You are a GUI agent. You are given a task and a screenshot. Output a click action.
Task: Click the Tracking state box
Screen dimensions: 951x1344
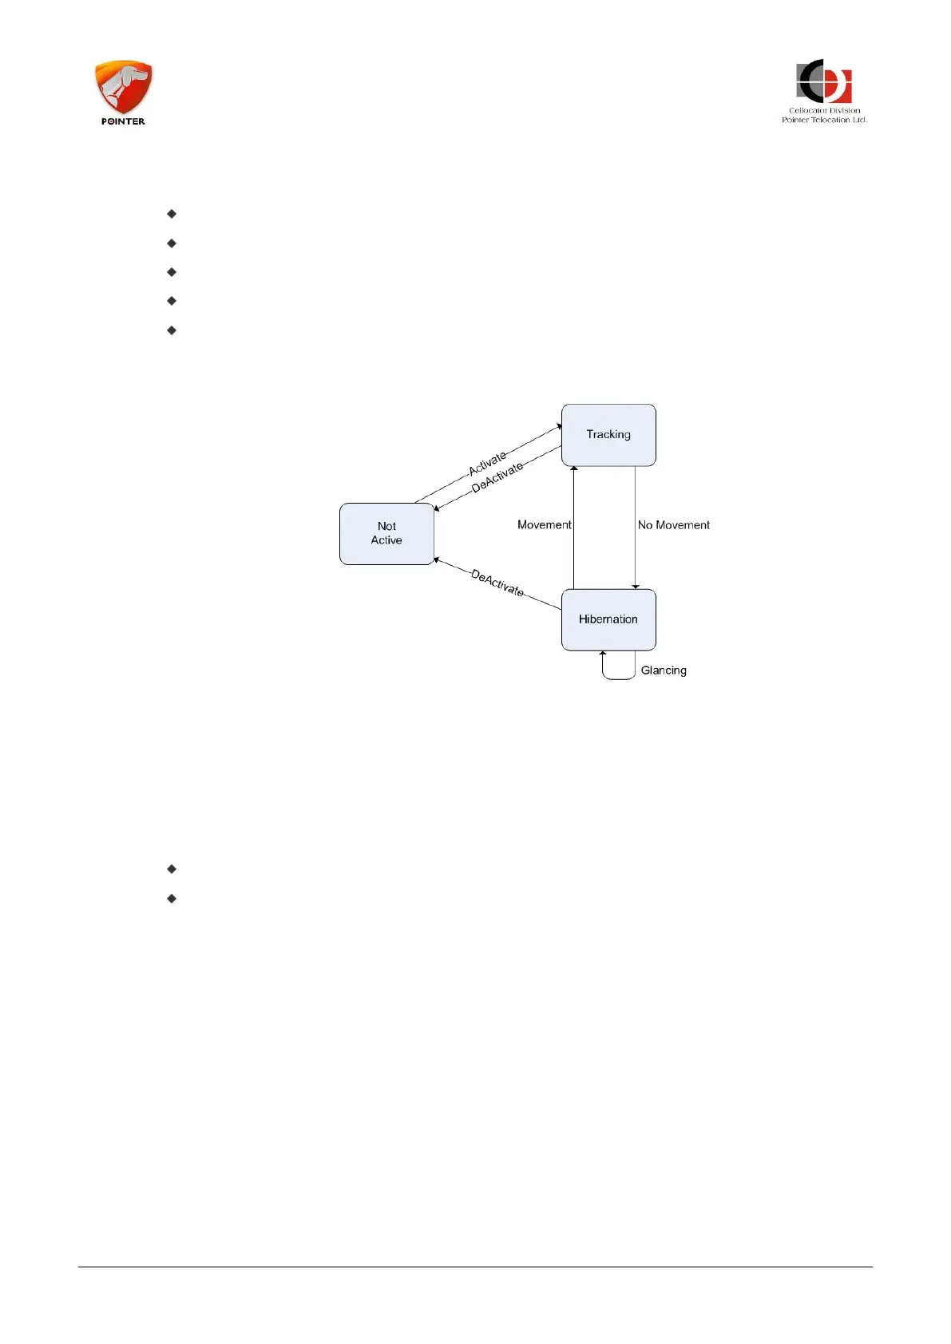click(608, 435)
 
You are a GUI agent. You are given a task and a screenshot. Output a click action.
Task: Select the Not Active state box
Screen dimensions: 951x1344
click(386, 533)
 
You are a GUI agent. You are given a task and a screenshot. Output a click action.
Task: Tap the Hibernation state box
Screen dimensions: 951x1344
click(608, 619)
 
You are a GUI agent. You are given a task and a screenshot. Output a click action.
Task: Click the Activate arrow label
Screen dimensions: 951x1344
click(487, 463)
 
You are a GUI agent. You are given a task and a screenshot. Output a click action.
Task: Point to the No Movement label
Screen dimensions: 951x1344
click(673, 525)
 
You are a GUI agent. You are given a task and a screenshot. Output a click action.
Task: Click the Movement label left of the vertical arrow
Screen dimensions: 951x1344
click(544, 525)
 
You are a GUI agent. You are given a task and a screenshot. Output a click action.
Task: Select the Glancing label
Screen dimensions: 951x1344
click(664, 670)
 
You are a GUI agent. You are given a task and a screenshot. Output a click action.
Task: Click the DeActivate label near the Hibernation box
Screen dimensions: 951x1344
click(497, 583)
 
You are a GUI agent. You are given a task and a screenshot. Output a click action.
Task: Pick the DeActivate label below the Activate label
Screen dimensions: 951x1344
click(497, 477)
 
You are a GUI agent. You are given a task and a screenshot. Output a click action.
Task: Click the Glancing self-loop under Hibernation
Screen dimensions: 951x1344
click(619, 677)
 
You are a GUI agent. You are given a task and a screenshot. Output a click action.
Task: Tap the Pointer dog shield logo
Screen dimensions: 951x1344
click(124, 86)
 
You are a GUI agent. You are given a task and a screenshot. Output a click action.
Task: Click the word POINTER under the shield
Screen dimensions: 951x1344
click(123, 122)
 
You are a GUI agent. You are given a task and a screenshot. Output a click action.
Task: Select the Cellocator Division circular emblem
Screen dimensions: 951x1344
click(824, 81)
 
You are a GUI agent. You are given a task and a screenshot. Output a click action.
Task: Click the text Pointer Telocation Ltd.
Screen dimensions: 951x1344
click(824, 121)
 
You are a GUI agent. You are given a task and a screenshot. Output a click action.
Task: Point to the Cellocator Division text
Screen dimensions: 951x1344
click(824, 111)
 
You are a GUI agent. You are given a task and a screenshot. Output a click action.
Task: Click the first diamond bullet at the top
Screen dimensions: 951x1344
click(172, 214)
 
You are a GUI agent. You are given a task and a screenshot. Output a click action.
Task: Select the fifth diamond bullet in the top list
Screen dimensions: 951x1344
click(172, 330)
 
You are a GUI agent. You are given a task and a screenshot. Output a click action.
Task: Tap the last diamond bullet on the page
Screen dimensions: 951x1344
click(172, 899)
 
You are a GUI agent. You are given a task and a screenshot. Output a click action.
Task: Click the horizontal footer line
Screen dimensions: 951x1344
click(475, 1267)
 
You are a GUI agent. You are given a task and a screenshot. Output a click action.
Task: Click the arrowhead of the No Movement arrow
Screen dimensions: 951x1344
click(636, 586)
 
